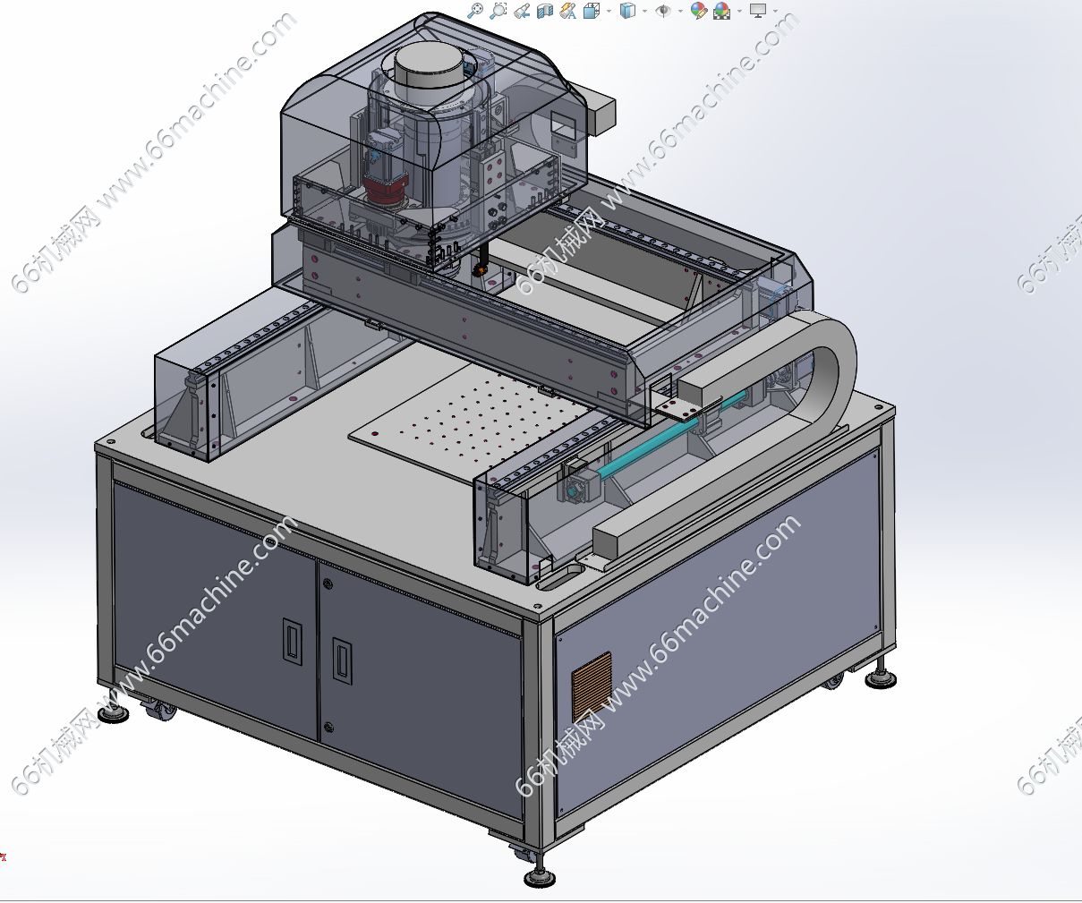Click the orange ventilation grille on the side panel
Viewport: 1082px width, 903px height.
pos(592,686)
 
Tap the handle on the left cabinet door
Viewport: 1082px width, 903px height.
pos(293,641)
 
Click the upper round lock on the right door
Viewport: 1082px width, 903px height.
pos(328,584)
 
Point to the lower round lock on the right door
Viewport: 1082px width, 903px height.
pos(328,727)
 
